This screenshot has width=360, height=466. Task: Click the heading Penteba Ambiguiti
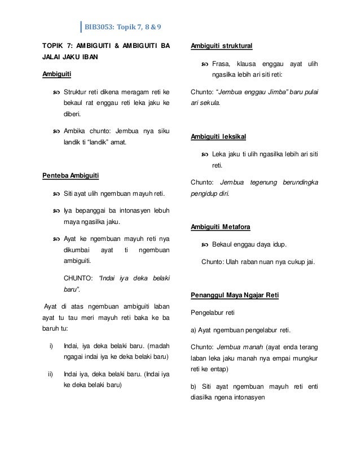pos(71,177)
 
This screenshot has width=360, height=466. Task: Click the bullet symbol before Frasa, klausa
pos(204,64)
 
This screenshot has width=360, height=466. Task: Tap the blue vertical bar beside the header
pos(81,27)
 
